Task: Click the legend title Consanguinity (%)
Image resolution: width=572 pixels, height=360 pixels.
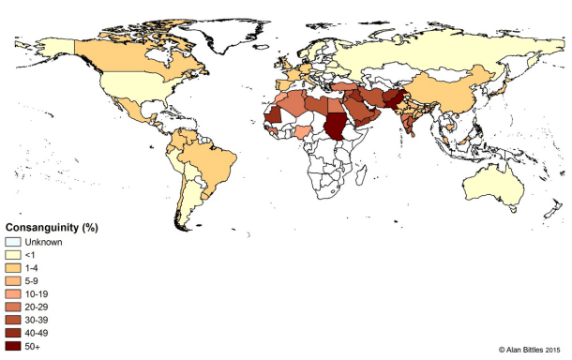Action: tap(53, 228)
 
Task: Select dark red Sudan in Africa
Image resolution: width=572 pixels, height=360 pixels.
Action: tap(336, 126)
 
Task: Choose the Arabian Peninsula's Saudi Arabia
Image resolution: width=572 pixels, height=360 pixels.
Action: tap(360, 107)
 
